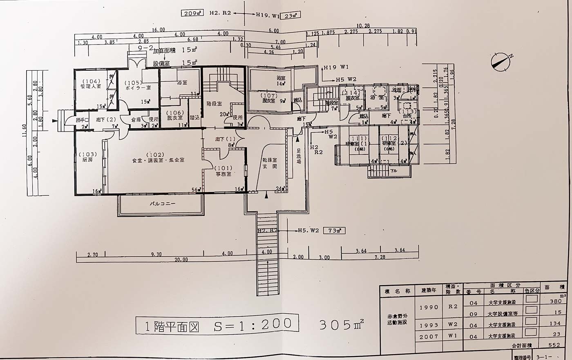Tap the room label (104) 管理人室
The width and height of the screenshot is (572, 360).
[x=91, y=84]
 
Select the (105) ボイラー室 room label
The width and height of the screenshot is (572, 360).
[x=138, y=85]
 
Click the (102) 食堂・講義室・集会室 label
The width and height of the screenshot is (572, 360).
[x=158, y=157]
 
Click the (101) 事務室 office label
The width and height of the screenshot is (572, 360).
[x=224, y=171]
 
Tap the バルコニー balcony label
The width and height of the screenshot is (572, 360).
[x=163, y=203]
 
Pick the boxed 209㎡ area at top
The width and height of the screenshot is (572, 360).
[x=193, y=13]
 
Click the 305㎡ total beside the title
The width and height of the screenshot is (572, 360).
[x=341, y=325]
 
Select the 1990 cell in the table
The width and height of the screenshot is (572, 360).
[x=429, y=307]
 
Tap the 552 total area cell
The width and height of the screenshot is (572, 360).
[x=554, y=345]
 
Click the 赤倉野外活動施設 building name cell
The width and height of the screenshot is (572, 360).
[x=397, y=319]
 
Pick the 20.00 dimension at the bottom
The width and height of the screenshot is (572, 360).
[x=181, y=259]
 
